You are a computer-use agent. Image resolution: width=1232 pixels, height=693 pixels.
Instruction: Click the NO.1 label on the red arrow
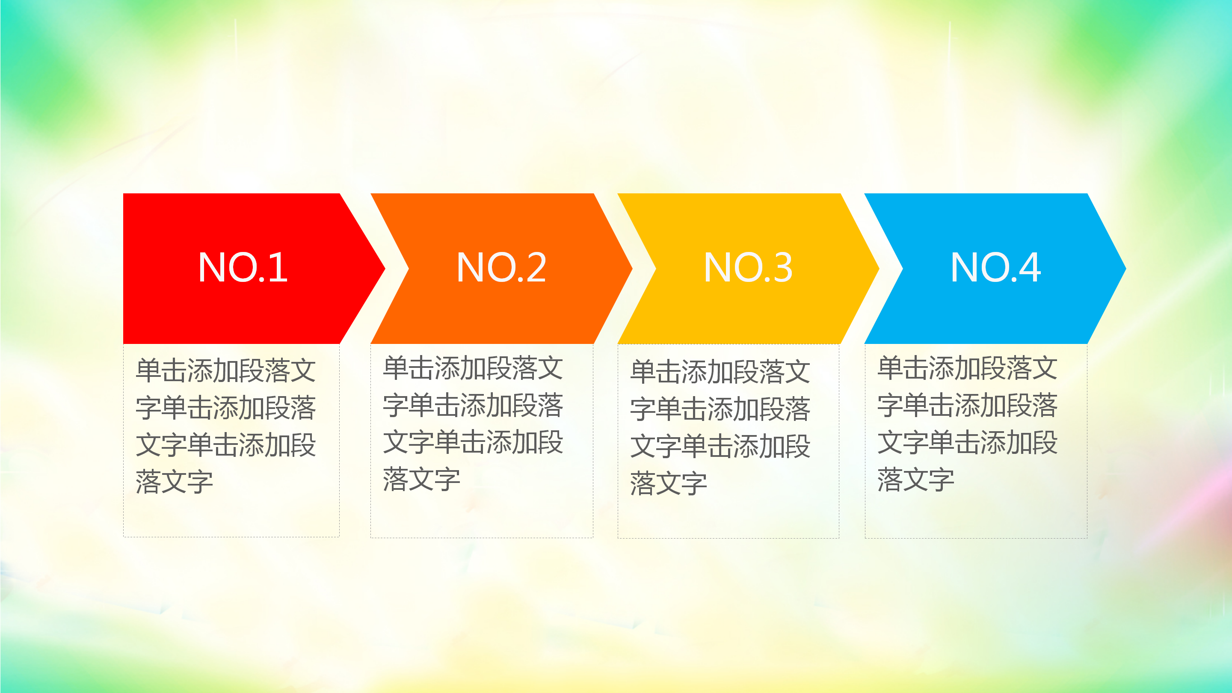pos(243,268)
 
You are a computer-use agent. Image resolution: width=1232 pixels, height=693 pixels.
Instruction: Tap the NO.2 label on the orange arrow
pos(501,268)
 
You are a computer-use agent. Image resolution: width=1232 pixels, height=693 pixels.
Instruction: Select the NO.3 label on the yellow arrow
pos(748,268)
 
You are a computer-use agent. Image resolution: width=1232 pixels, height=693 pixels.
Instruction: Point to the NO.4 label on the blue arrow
pos(995,268)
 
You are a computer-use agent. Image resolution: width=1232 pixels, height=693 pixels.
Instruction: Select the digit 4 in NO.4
pos(1029,268)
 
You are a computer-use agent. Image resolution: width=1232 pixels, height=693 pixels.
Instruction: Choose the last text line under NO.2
pos(421,479)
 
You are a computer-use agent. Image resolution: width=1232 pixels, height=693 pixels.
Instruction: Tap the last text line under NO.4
pos(915,479)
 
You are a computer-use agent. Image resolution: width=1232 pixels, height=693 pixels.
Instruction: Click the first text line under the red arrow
pos(225,370)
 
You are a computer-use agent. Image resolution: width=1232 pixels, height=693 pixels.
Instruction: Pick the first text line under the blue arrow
pos(967,368)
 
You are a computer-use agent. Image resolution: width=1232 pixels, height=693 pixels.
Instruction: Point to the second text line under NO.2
pos(473,405)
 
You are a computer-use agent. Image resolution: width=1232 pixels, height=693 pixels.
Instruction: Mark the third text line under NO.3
pos(720,446)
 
